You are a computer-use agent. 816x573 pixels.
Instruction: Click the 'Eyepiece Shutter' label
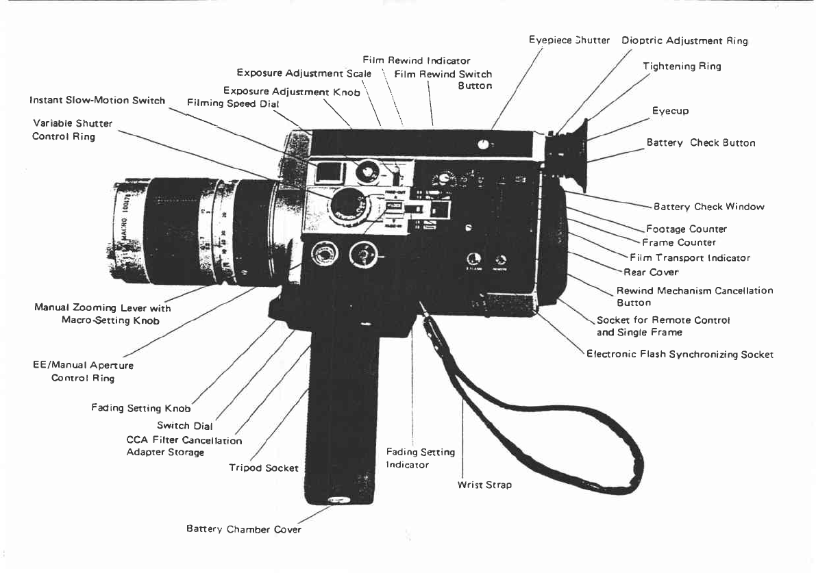[569, 40]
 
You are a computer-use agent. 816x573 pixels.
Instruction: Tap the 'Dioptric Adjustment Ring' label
[684, 40]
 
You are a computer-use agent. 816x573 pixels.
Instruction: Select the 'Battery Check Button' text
[701, 143]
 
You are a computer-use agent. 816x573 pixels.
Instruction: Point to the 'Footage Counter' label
[686, 229]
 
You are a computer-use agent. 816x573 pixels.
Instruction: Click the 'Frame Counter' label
[678, 242]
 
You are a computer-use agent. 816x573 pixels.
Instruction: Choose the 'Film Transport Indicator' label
[689, 258]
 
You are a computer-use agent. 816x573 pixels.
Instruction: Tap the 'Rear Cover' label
[650, 272]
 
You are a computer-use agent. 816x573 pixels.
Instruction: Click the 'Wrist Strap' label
[484, 485]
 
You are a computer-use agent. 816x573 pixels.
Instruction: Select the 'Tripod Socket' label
[264, 468]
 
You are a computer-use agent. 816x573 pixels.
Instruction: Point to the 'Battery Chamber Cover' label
[243, 529]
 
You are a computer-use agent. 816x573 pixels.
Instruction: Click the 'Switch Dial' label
[185, 426]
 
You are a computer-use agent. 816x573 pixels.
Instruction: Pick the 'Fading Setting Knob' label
[140, 408]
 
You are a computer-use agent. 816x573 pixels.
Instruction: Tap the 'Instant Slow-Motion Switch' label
[97, 101]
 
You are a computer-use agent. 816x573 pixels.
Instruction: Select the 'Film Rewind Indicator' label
[417, 61]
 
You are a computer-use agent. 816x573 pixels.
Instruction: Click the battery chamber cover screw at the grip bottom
[335, 500]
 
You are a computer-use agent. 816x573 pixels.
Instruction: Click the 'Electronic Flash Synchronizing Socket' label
[680, 355]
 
